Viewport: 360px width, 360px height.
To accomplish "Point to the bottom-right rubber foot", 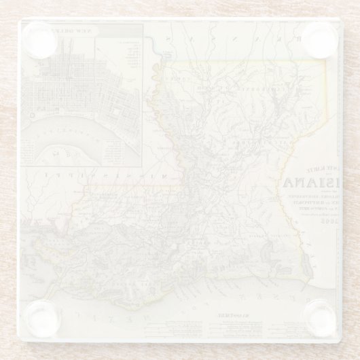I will pyautogui.click(x=317, y=318).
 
